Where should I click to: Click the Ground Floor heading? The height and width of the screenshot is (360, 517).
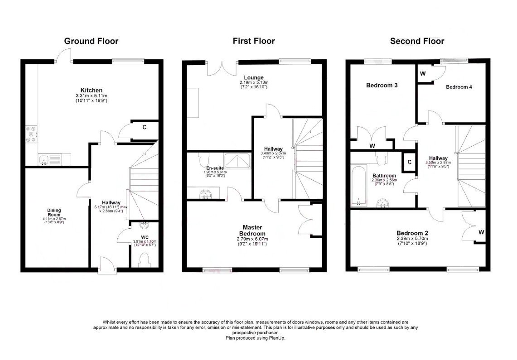point(91,41)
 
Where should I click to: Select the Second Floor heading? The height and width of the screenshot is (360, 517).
point(417,41)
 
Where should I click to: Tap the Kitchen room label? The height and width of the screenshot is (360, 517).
point(92,90)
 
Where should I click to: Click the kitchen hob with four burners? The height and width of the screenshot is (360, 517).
point(32,134)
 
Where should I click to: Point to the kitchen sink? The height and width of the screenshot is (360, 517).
point(44,159)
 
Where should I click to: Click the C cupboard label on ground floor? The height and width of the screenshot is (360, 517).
point(145,127)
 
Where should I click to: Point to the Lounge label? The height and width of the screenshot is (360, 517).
point(254,77)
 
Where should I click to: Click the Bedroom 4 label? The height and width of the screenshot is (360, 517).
point(459,87)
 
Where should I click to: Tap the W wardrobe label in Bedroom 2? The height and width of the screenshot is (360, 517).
point(481,232)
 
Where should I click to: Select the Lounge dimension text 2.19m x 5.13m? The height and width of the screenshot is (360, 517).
point(254,83)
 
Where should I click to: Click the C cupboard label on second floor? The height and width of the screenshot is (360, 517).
point(409,162)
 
